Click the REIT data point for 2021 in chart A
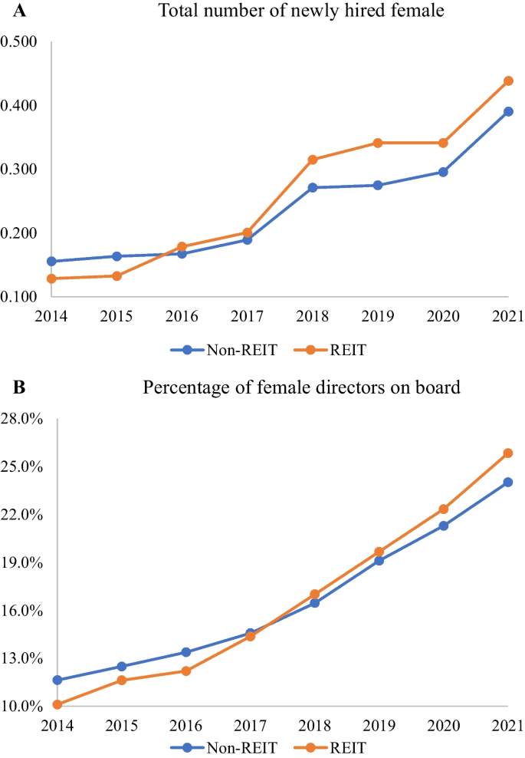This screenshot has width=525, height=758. click(x=507, y=81)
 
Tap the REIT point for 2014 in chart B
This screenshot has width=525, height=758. click(x=57, y=704)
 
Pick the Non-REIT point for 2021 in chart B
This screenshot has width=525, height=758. click(x=507, y=482)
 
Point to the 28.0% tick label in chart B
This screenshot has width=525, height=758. click(x=22, y=419)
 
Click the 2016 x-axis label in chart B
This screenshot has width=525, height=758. click(x=185, y=726)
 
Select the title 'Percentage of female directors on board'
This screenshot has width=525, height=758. click(x=301, y=387)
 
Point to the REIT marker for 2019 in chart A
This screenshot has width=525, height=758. click(x=377, y=143)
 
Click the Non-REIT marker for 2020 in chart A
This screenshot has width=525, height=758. click(x=443, y=172)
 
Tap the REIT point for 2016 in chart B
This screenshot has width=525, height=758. click(x=185, y=671)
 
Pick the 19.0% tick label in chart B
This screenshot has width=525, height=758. click(x=22, y=562)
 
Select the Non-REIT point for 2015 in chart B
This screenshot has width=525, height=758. click(x=121, y=666)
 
